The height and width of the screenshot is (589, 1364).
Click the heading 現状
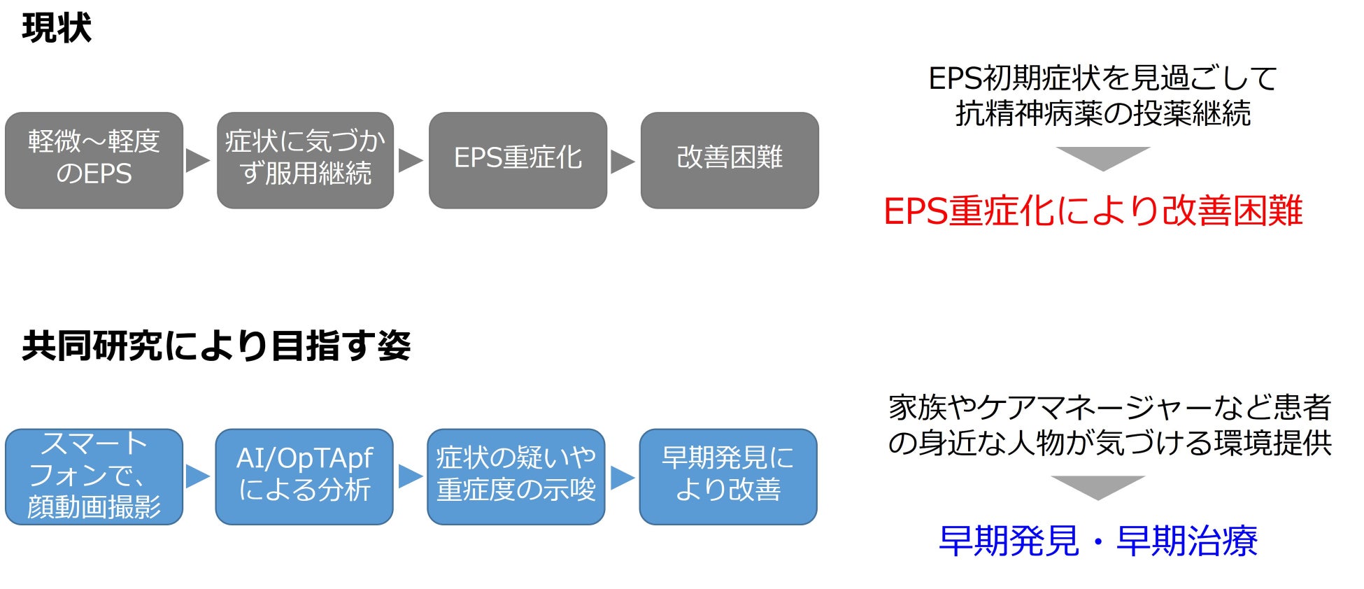(57, 29)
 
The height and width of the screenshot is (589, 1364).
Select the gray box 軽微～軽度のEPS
(94, 159)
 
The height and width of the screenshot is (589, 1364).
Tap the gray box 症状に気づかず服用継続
(305, 159)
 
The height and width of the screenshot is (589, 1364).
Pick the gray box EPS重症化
(518, 159)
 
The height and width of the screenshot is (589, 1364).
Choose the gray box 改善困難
(730, 159)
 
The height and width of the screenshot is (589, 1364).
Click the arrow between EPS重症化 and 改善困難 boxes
(622, 161)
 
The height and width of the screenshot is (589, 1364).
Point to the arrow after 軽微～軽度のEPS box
(197, 160)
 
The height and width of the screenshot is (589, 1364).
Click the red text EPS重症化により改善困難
(1093, 211)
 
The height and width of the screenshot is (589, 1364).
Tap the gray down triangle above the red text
(1102, 157)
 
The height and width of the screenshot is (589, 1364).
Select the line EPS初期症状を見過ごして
(1102, 78)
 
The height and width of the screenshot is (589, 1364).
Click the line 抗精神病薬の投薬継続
(1102, 113)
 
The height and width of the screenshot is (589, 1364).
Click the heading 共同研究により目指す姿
(216, 346)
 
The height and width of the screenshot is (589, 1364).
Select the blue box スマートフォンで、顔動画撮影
(94, 476)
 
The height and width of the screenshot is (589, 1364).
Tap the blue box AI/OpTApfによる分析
(304, 476)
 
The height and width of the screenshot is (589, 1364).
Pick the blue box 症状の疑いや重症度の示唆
(516, 476)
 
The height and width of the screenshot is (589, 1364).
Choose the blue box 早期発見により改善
(728, 476)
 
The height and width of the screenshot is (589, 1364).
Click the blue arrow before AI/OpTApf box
(197, 476)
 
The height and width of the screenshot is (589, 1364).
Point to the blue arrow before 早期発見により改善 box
(622, 477)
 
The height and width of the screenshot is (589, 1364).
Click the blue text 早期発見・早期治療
(1097, 541)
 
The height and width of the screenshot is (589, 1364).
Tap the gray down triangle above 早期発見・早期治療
(1097, 487)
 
